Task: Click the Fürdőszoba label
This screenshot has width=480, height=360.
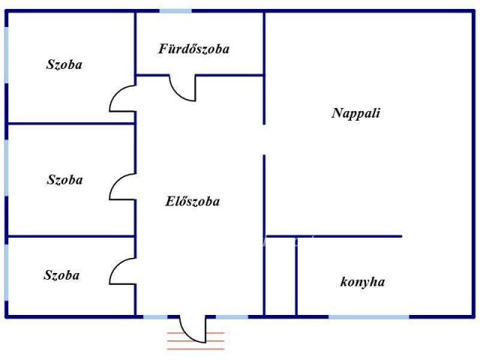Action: tap(193, 49)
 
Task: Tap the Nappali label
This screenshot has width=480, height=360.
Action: tap(356, 113)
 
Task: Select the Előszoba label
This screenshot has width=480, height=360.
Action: tap(193, 202)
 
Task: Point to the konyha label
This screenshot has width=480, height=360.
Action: tap(362, 282)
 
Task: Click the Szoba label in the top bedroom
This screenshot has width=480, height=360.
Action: tap(64, 64)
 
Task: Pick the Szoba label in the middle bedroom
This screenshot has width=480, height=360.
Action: tap(65, 180)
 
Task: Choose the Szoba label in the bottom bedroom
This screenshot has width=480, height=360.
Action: tap(61, 275)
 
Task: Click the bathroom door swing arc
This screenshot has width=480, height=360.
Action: tap(182, 88)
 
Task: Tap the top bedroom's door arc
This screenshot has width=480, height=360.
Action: tap(122, 98)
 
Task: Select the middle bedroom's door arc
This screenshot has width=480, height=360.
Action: tap(122, 187)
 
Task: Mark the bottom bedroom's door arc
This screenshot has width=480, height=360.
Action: tap(122, 271)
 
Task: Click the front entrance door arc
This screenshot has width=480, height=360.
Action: tap(193, 330)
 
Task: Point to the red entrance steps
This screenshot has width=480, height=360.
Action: tap(196, 340)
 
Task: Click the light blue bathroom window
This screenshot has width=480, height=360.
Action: tap(175, 11)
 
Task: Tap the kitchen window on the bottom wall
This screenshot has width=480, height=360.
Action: tap(369, 316)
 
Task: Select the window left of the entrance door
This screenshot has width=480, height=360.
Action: tap(155, 316)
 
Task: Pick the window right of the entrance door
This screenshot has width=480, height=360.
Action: tap(232, 316)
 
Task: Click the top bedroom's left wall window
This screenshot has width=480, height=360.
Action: tap(7, 55)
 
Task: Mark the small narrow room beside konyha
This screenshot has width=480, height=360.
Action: tap(280, 276)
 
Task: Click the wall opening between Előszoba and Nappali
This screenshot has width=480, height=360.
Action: tap(264, 140)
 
